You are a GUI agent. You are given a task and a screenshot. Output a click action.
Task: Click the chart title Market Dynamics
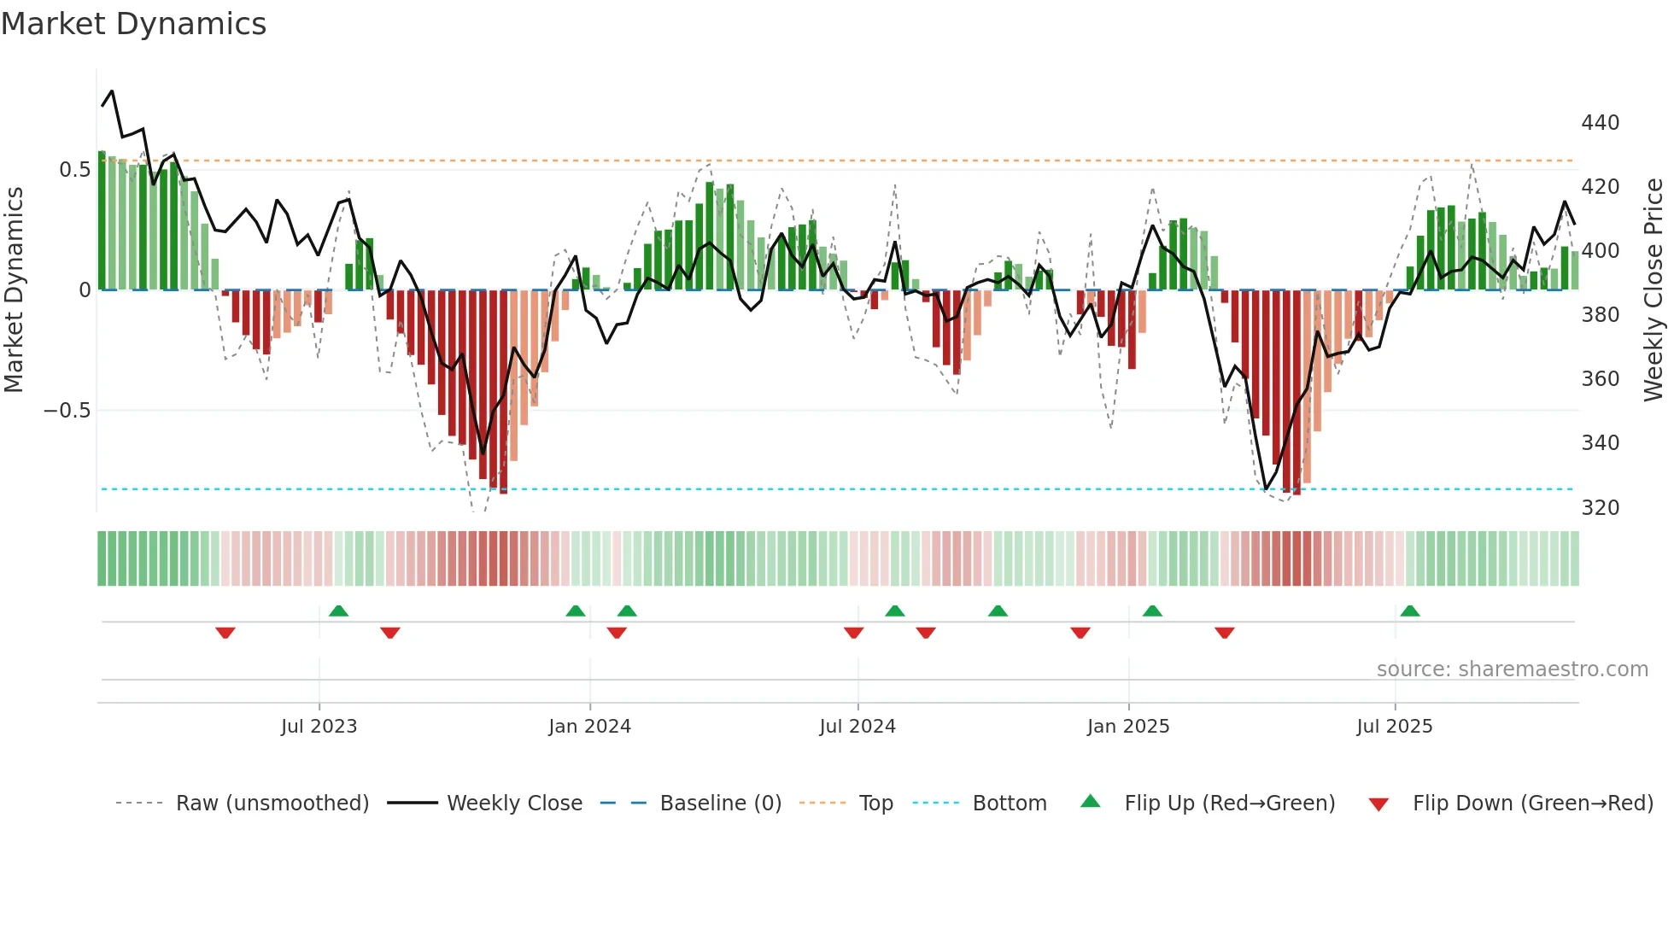133,24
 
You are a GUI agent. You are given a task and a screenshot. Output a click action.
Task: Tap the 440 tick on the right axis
1600,123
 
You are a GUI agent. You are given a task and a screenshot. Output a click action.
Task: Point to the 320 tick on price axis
1600,508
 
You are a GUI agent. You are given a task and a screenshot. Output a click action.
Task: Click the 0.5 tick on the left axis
74,170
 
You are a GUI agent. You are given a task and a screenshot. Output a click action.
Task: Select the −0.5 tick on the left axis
67,411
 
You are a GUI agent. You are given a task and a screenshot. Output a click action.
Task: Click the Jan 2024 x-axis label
589,727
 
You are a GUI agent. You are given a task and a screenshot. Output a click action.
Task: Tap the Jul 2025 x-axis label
1394,727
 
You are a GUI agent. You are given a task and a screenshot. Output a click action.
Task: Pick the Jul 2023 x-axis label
319,727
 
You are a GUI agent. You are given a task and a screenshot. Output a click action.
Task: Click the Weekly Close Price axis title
1654,290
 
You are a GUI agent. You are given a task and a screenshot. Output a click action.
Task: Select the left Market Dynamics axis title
14,290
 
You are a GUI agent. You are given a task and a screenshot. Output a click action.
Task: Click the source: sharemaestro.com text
1512,669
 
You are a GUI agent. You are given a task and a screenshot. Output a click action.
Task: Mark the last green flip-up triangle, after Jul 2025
1410,611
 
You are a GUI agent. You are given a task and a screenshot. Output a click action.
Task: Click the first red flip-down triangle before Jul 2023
225,633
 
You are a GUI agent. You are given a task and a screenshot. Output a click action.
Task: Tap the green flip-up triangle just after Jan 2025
1152,611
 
